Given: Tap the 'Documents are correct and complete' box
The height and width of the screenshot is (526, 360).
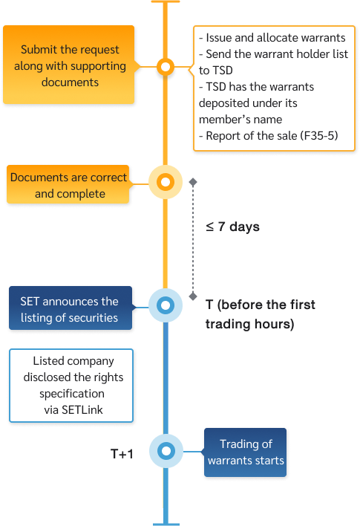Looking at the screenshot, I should point(68,186).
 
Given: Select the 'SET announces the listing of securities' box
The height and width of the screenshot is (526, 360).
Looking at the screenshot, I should point(71,308).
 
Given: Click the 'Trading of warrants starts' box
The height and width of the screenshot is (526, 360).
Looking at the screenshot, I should point(245,452).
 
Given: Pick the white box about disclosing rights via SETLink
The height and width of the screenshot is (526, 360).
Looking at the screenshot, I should point(72,385).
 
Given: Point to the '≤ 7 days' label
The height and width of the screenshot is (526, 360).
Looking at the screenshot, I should point(232,227).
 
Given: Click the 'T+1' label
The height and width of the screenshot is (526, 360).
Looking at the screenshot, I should point(122,453).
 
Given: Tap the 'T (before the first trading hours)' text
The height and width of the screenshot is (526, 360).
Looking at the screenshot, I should point(260,314).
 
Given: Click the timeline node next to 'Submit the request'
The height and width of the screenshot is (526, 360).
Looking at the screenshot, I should point(166,68).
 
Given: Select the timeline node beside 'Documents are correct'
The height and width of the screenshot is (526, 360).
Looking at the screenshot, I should point(166,181).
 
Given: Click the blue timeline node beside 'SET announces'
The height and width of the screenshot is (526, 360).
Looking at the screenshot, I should point(166,305).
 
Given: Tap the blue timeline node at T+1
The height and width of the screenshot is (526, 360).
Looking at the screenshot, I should point(166,451).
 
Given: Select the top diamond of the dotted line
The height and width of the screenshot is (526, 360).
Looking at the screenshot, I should point(193,181).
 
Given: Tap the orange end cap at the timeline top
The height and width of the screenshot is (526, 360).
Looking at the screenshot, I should point(166,1).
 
